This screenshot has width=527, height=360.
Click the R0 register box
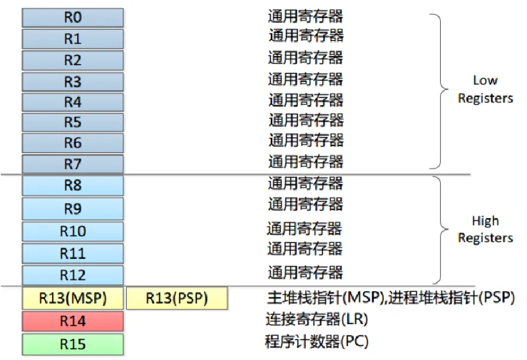pyautogui.click(x=72, y=17)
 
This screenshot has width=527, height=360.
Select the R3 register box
pyautogui.click(x=72, y=81)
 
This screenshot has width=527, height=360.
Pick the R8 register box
pyautogui.click(x=72, y=185)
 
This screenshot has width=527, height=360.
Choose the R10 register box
pyautogui.click(x=72, y=231)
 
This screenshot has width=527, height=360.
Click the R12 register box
pyautogui.click(x=72, y=275)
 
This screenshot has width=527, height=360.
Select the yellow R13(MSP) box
pyautogui.click(x=72, y=298)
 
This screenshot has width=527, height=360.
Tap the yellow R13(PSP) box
pyautogui.click(x=177, y=298)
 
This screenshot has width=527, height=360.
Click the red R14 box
pyautogui.click(x=72, y=321)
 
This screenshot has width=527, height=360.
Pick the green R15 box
pyautogui.click(x=72, y=344)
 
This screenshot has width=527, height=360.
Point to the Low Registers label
pyautogui.click(x=485, y=89)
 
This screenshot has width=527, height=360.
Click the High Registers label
pyautogui.click(x=485, y=229)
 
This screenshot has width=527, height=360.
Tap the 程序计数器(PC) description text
pyautogui.click(x=316, y=342)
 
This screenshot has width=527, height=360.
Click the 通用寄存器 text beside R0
pyautogui.click(x=305, y=16)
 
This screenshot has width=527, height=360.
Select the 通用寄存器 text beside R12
pyautogui.click(x=305, y=273)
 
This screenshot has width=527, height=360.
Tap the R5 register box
pyautogui.click(x=72, y=123)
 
